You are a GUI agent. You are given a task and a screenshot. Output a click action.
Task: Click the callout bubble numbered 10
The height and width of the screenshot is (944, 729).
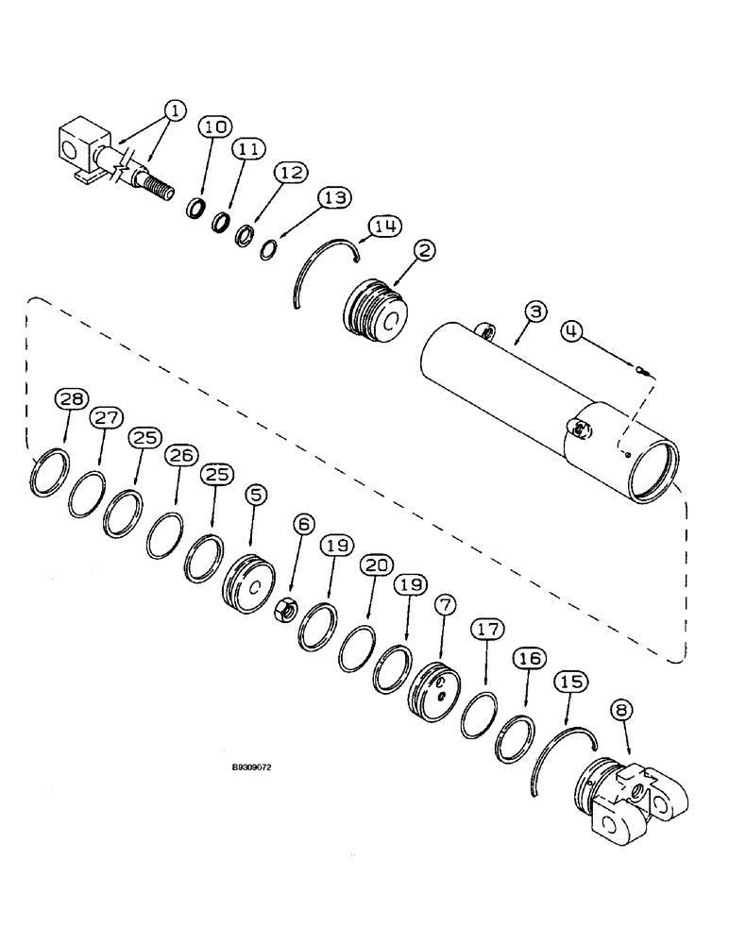(x=213, y=126)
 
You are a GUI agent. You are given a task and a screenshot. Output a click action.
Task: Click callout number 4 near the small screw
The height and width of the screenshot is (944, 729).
(x=572, y=330)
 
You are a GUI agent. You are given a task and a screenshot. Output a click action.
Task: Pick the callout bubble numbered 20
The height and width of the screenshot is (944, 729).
(x=375, y=565)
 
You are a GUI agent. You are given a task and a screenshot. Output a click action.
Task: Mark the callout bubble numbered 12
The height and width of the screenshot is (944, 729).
(x=290, y=174)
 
